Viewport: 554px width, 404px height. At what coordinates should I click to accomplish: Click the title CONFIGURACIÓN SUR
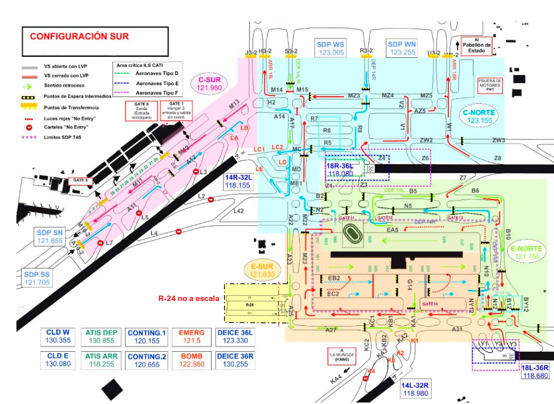[80, 37]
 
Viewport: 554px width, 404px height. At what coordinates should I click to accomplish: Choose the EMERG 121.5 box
[192, 337]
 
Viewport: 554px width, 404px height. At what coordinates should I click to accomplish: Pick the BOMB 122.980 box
[192, 360]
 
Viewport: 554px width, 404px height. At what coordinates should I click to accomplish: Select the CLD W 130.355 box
[58, 337]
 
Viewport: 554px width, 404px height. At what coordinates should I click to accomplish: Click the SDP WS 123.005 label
[331, 48]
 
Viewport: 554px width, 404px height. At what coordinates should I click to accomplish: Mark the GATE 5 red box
[80, 181]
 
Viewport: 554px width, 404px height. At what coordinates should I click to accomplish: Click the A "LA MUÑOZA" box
[343, 354]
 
